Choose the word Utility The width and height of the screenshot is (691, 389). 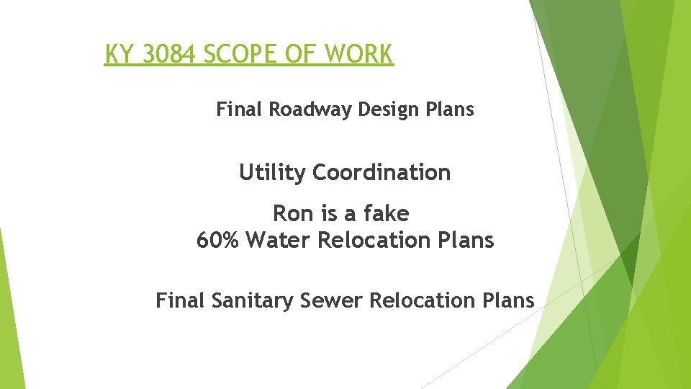(273, 173)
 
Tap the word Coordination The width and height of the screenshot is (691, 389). (381, 173)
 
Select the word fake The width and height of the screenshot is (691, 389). (387, 214)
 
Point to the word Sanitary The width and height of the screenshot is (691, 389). (253, 300)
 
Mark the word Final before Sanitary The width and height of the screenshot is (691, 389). (181, 300)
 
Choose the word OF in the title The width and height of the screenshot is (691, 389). (310, 54)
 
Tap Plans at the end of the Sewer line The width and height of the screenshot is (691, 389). (510, 300)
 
